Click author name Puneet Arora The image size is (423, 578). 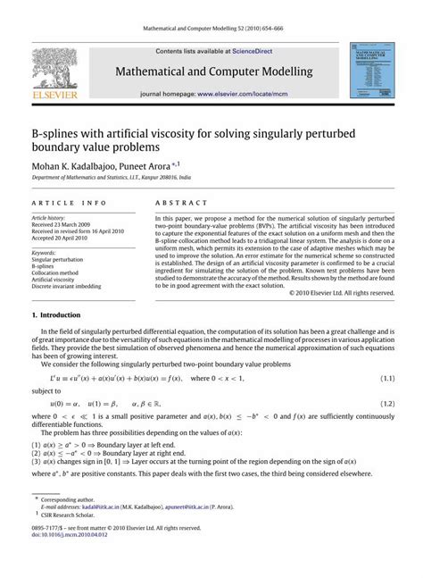pos(181,165)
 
